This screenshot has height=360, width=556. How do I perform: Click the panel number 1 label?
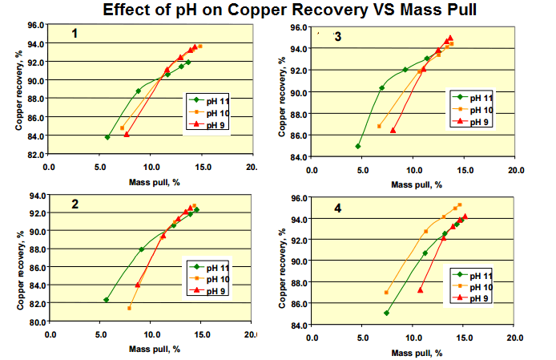[74, 34]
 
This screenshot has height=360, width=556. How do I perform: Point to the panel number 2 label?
[75, 204]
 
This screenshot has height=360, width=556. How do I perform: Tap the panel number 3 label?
[337, 37]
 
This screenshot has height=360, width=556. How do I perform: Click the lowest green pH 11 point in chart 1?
[107, 137]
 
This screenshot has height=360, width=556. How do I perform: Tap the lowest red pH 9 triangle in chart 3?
[393, 130]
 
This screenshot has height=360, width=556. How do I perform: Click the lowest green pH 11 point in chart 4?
[387, 313]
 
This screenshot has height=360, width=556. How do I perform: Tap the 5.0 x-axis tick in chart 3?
[363, 170]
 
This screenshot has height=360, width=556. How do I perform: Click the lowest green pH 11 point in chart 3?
[358, 146]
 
